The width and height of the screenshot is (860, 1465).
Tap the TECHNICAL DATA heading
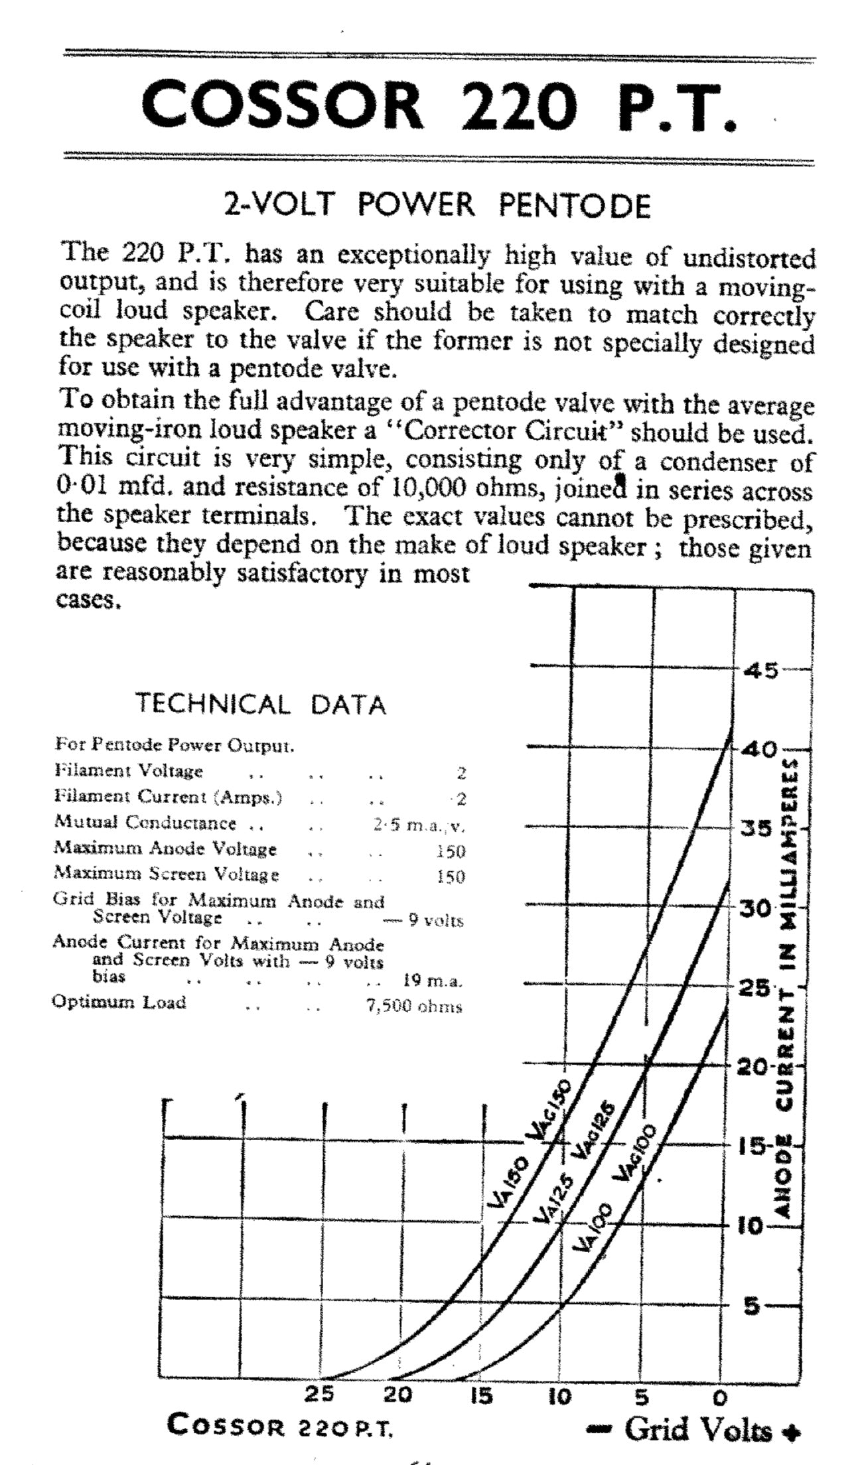click(x=261, y=704)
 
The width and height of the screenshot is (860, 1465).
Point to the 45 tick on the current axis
click(x=760, y=671)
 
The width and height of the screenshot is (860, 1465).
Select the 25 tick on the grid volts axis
click(x=319, y=1396)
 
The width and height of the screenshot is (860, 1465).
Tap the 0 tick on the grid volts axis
click(x=719, y=1398)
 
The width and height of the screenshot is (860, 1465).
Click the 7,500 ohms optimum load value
click(x=413, y=1007)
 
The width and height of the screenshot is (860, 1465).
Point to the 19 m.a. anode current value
click(x=433, y=980)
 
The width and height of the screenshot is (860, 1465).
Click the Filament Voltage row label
click(x=128, y=771)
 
